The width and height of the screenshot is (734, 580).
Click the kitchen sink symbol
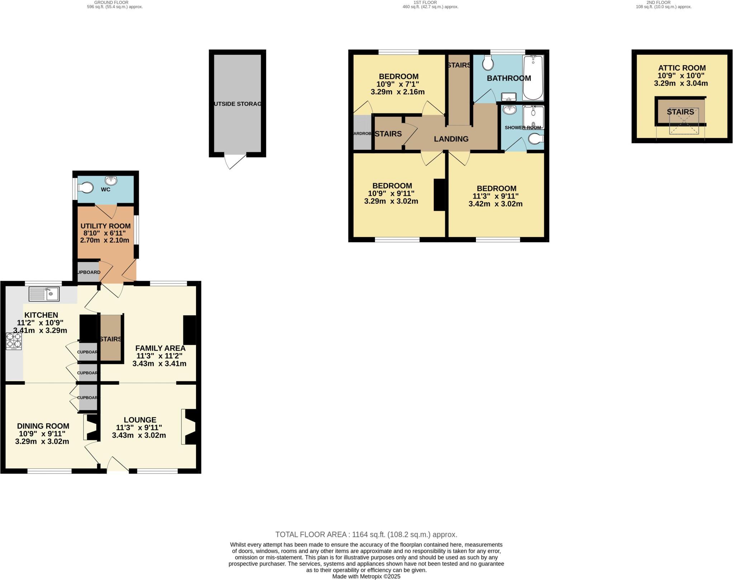44,294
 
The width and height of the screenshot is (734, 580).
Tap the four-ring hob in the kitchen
14,341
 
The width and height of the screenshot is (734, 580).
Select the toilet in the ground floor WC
86,187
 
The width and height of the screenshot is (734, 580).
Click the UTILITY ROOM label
105,226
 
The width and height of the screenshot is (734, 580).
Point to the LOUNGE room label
140,420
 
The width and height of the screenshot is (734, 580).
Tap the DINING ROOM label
43,426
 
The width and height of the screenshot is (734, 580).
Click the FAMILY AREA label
160,348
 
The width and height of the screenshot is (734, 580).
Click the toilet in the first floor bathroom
488,63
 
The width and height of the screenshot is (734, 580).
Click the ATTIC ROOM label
682,68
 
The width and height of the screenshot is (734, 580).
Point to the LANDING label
451,139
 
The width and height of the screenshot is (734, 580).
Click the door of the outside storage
235,162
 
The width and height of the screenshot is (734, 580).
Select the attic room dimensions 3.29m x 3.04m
681,84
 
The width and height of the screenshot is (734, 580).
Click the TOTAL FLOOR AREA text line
366,534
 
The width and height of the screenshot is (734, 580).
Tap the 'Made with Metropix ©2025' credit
366,576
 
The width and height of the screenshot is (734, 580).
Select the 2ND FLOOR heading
663,3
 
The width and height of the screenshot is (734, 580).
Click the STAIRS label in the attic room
680,112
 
